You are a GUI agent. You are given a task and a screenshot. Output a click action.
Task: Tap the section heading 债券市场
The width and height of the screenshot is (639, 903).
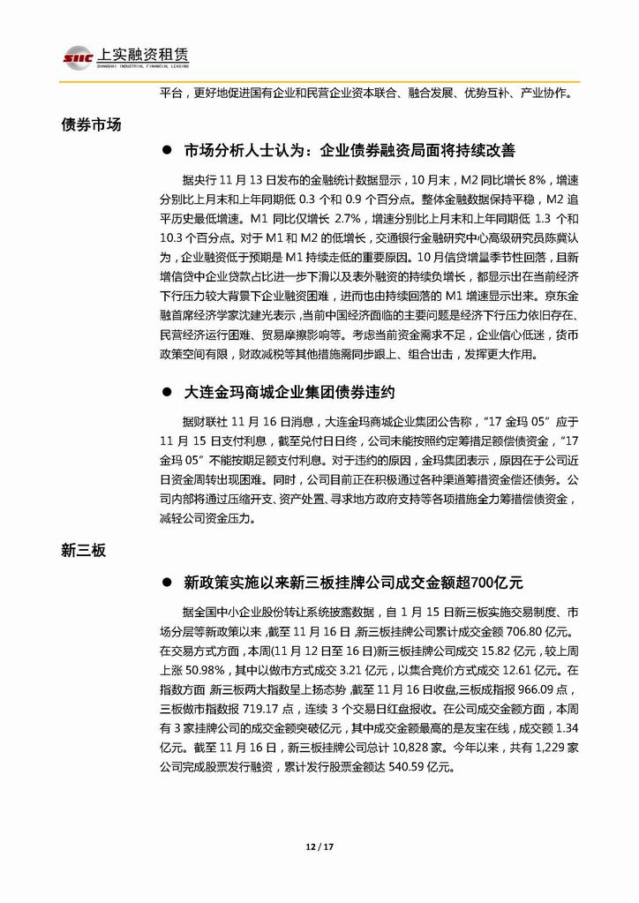[x=91, y=124]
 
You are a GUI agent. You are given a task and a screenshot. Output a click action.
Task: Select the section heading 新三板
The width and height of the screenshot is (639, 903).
[x=83, y=551]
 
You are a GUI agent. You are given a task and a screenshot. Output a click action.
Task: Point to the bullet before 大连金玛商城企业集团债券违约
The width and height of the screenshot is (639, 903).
[x=167, y=389]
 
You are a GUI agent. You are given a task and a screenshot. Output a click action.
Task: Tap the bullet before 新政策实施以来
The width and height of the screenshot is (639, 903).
[x=167, y=583]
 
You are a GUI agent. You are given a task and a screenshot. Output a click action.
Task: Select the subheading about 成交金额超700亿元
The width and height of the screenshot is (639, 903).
[x=353, y=583]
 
